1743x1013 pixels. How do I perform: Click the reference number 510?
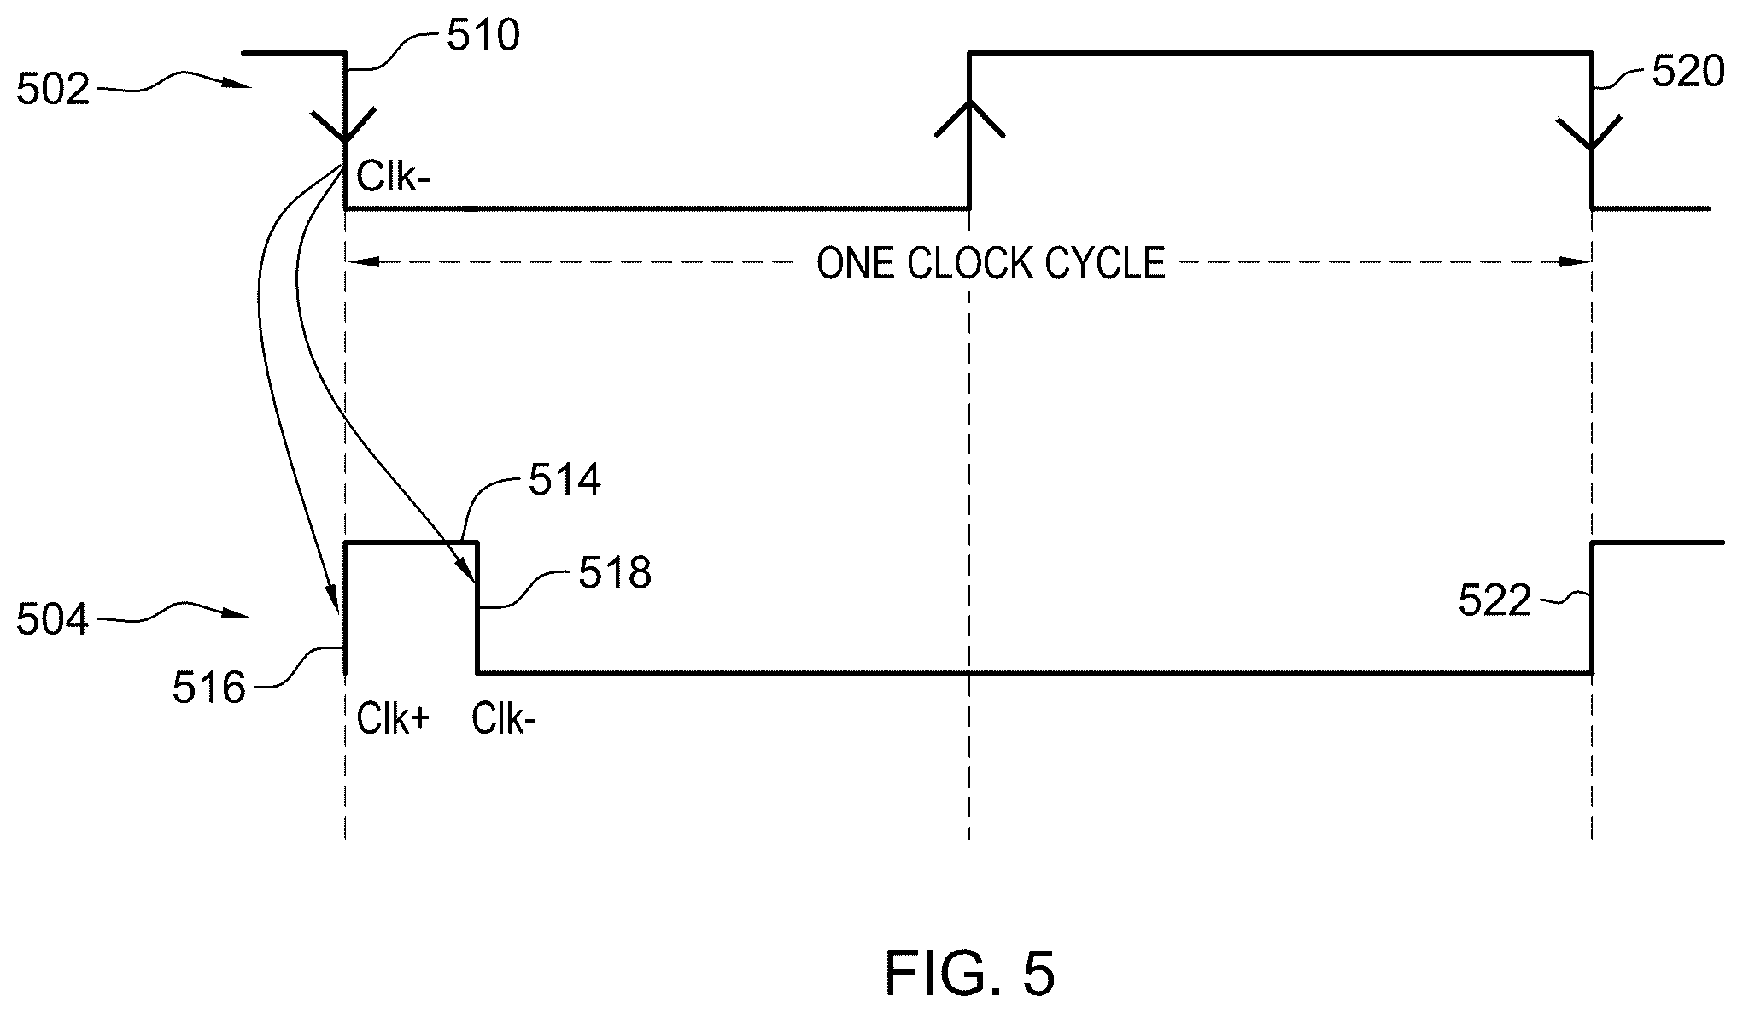(483, 36)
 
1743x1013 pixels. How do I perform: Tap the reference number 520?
(1688, 73)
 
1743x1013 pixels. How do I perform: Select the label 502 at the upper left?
(53, 89)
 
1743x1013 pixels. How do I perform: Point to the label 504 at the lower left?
(53, 619)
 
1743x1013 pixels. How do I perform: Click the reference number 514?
(564, 481)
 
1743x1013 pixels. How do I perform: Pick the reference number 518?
(615, 573)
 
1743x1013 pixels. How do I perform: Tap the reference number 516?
(209, 688)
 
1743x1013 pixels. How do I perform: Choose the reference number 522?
(1494, 601)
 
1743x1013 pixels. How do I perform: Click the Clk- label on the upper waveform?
(394, 178)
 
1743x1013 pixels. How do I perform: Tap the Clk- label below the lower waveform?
(505, 720)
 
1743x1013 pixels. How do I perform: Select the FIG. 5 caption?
(970, 973)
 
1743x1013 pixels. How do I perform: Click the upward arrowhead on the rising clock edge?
(969, 118)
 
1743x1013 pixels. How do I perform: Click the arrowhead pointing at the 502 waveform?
(241, 85)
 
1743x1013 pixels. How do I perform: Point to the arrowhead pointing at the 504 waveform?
(241, 615)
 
